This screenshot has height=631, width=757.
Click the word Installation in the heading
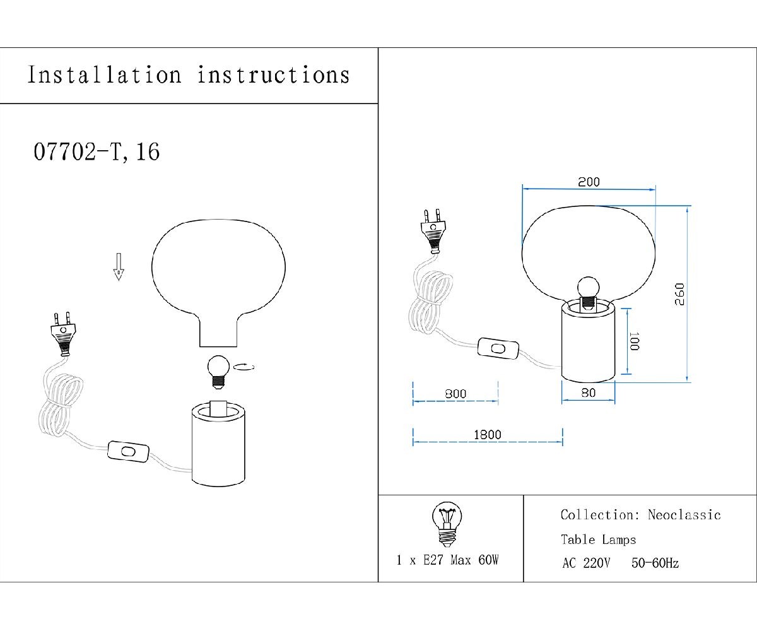coord(105,75)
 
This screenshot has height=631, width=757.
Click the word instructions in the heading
coord(273,75)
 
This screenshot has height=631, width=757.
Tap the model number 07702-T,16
coord(97,151)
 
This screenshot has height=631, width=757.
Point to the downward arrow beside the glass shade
coord(119,267)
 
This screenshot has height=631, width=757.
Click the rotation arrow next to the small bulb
coord(244,367)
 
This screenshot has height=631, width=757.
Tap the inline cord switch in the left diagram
coord(128,452)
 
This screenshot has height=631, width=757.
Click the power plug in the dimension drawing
coord(433,231)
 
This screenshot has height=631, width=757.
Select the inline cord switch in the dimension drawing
coord(498,348)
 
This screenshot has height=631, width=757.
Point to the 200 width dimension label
coord(589,182)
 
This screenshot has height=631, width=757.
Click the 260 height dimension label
coord(680,294)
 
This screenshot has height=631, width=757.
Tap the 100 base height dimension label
coord(634,341)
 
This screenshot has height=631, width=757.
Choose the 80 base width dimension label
coord(589,392)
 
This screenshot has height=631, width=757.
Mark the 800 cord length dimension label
coord(455,394)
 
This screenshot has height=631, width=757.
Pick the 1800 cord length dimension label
coord(488,435)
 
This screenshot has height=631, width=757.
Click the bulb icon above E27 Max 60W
coord(447,524)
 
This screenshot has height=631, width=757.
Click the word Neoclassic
coord(684,515)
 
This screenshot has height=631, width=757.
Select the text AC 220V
coord(586,563)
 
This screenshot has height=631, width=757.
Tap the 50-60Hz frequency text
coord(655,563)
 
